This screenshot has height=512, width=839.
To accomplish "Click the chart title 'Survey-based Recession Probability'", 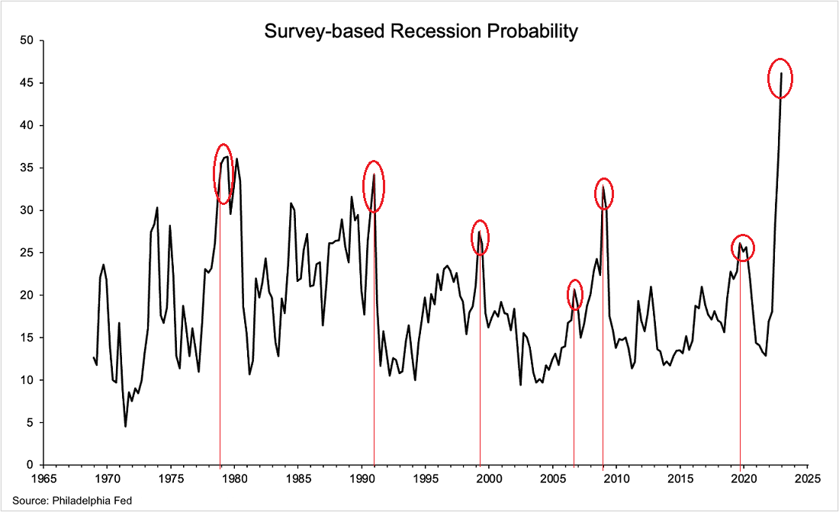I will tap(420, 31).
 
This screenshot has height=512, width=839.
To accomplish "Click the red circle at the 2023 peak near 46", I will tap(780, 78).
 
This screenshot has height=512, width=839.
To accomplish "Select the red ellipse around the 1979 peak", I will tap(223, 174).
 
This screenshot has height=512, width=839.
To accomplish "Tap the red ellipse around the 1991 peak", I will tap(374, 187).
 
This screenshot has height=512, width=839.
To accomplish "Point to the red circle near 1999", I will tap(480, 237).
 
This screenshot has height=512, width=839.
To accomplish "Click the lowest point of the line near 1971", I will tap(125, 426).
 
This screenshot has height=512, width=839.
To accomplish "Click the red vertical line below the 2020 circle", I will tap(741, 366).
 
